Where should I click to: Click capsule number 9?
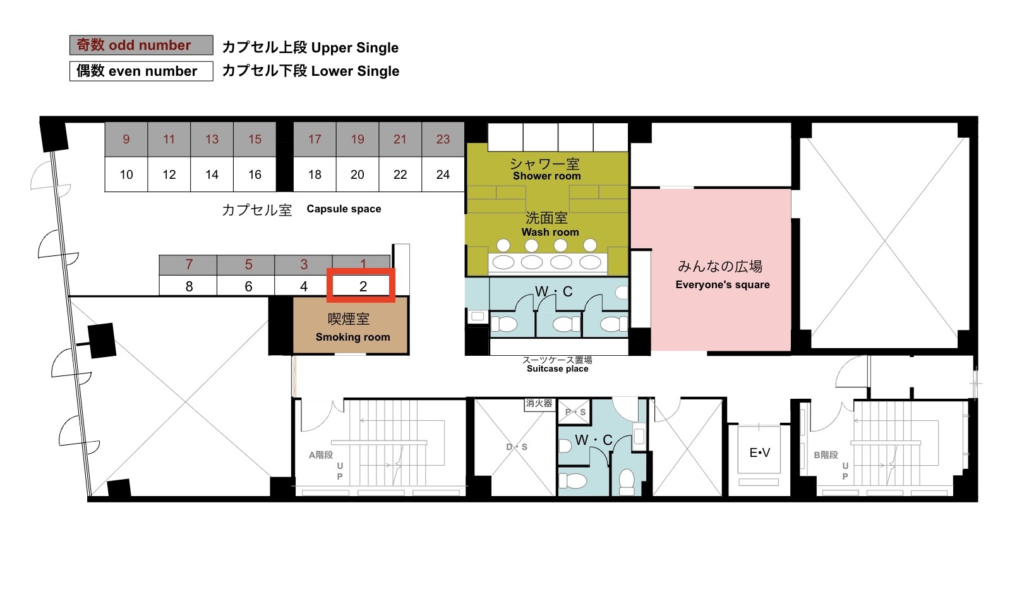(x=126, y=140)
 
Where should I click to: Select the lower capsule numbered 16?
(x=255, y=174)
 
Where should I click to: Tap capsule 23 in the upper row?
(x=443, y=140)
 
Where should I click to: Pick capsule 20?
(x=358, y=174)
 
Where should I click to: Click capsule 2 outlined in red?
(x=361, y=286)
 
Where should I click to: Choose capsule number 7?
(x=188, y=265)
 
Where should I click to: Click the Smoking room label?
(x=352, y=337)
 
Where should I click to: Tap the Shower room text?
(x=546, y=176)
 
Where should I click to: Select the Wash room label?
(x=550, y=232)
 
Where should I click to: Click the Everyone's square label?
(x=723, y=285)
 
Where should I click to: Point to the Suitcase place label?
(x=558, y=368)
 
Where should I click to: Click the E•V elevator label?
(x=759, y=452)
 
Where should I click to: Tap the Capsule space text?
(x=344, y=209)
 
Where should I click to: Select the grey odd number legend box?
(x=141, y=45)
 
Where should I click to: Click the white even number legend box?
(x=141, y=71)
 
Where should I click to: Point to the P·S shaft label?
(x=575, y=412)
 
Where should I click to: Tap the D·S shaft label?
(x=517, y=447)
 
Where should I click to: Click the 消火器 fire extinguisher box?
(x=539, y=403)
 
